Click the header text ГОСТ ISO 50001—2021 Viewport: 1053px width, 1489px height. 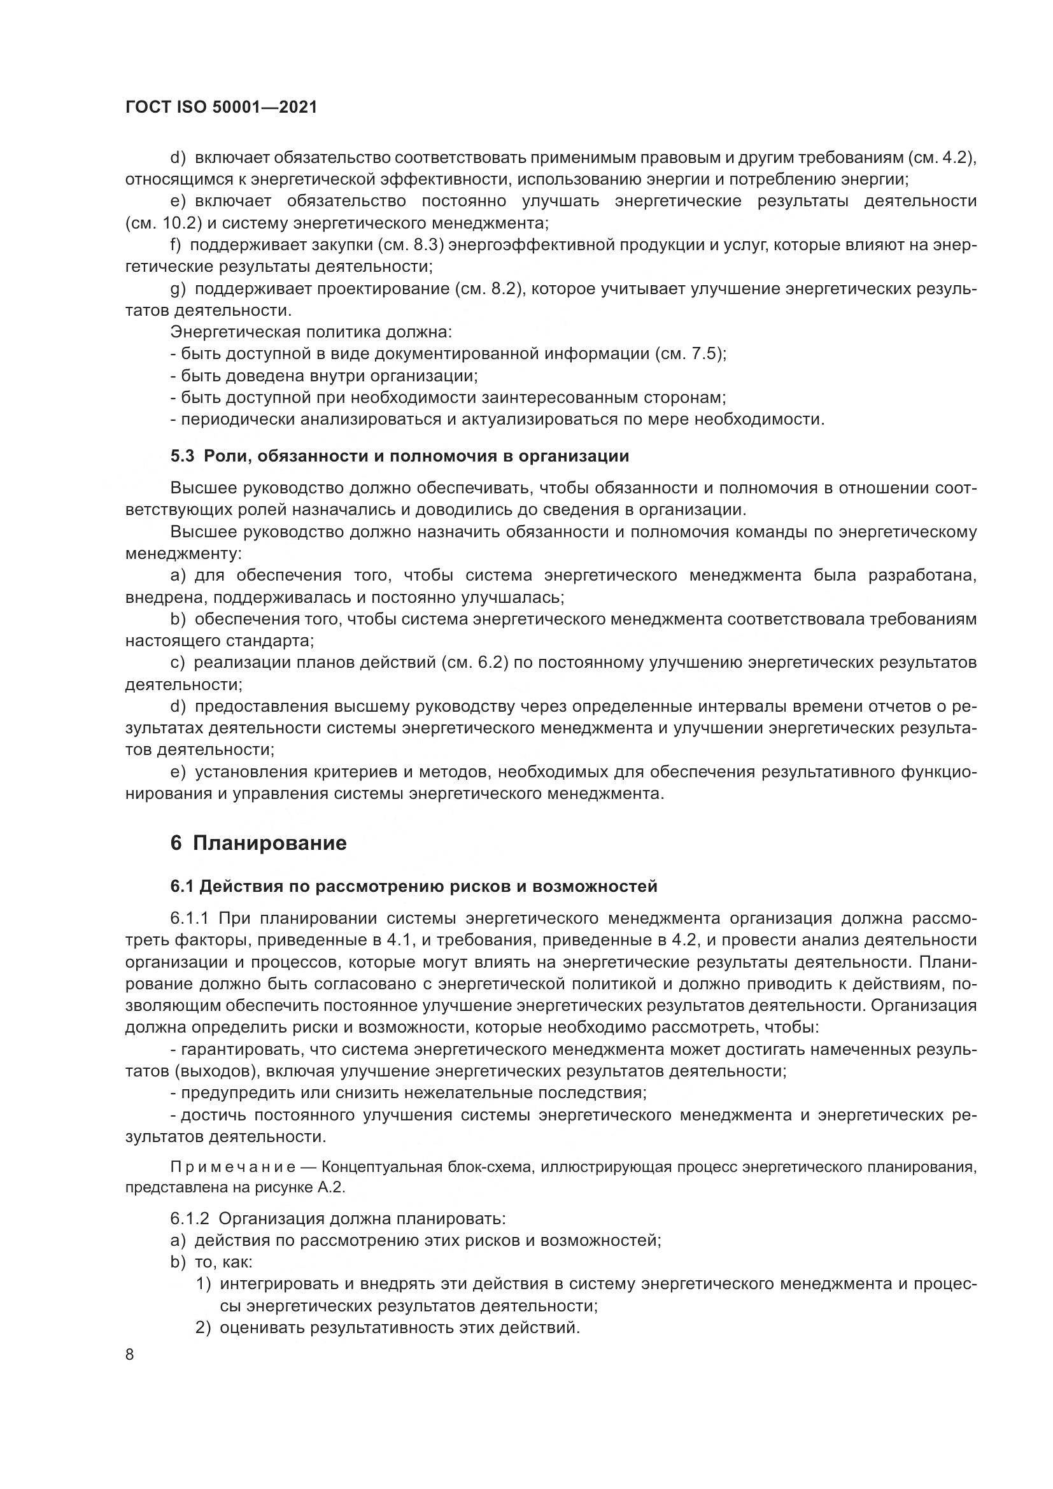point(221,108)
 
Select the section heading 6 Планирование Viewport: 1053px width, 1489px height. point(258,843)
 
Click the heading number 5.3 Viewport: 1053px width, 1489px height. point(182,456)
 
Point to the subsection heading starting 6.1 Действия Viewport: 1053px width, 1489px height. point(414,886)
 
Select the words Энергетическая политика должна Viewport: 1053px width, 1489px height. point(311,332)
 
